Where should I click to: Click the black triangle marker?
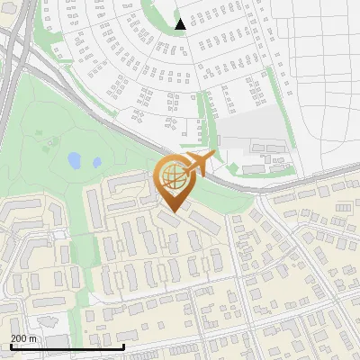[x=181, y=24]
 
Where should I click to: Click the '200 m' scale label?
[x=24, y=337]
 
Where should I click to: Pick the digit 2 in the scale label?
[x=13, y=337]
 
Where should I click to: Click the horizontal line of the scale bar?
[x=67, y=346]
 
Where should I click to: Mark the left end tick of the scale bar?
[x=11, y=345]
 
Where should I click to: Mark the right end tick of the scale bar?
[x=123, y=345]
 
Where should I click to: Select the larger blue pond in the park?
[x=74, y=160]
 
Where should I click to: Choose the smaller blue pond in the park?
[x=96, y=164]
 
